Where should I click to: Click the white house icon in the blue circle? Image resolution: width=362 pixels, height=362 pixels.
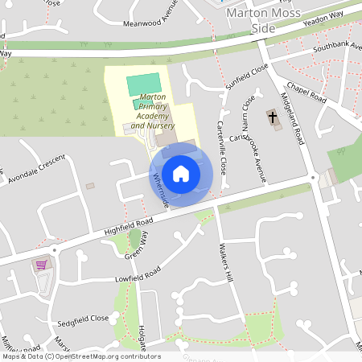click(181, 173)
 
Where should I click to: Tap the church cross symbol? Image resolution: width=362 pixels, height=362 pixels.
click(273, 117)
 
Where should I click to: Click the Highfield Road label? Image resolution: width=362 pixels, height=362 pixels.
click(128, 226)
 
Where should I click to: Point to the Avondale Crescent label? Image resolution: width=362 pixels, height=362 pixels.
click(36, 169)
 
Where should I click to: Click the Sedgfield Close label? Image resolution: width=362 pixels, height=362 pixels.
click(82, 319)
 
